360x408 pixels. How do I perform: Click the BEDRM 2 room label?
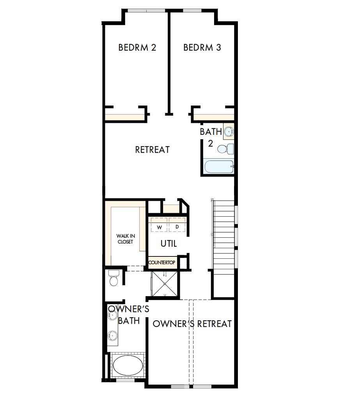(137, 48)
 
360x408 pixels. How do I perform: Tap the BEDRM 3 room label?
(202, 48)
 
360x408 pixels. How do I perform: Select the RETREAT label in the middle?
(152, 150)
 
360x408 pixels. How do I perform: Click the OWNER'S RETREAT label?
(192, 324)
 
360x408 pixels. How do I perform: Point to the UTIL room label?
(168, 244)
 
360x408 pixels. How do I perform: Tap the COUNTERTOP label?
(162, 263)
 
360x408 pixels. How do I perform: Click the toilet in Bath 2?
(225, 149)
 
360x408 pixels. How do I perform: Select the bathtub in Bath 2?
(219, 167)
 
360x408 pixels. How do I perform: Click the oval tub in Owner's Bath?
(128, 366)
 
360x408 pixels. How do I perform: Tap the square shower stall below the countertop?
(165, 284)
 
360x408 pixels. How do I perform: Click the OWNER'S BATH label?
(124, 315)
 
